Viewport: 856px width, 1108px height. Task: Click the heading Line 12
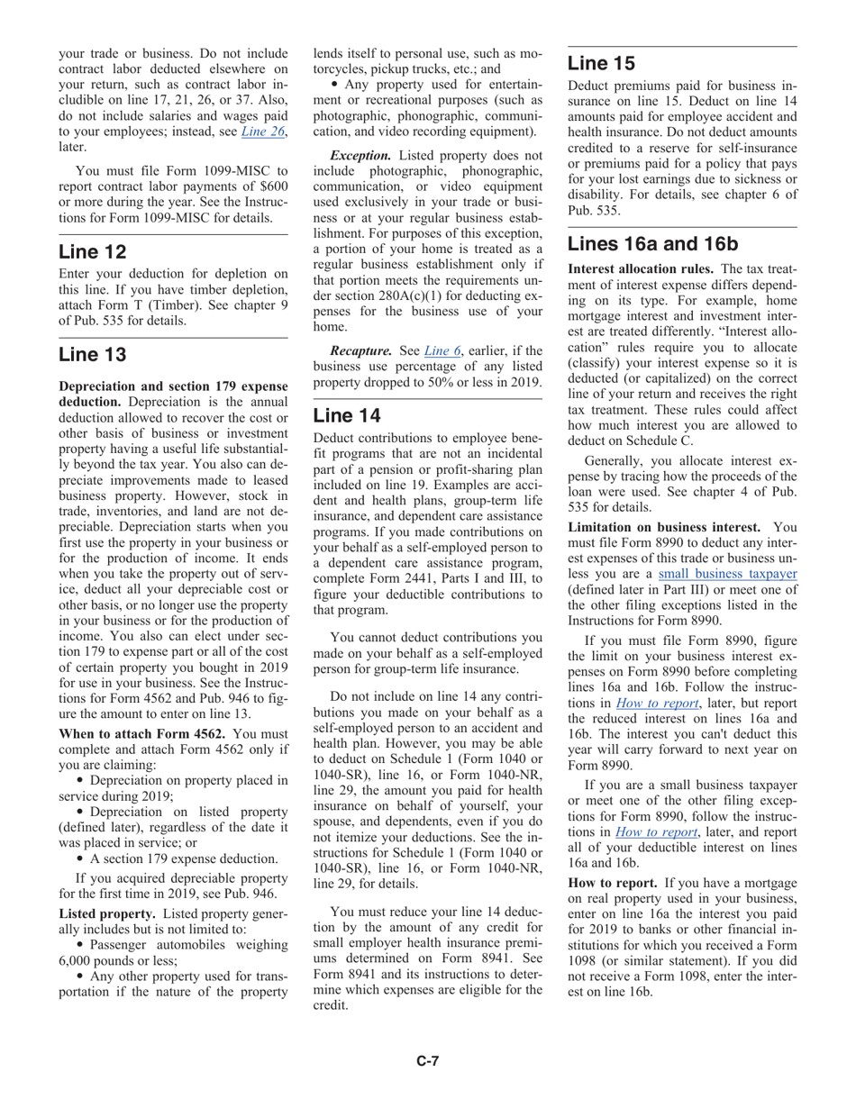click(93, 252)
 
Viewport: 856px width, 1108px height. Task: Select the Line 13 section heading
click(93, 355)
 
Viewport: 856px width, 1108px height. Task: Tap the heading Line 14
click(347, 415)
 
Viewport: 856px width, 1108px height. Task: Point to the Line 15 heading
click(602, 63)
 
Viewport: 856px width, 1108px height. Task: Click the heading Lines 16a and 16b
click(653, 244)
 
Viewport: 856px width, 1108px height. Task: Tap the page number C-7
click(427, 1061)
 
